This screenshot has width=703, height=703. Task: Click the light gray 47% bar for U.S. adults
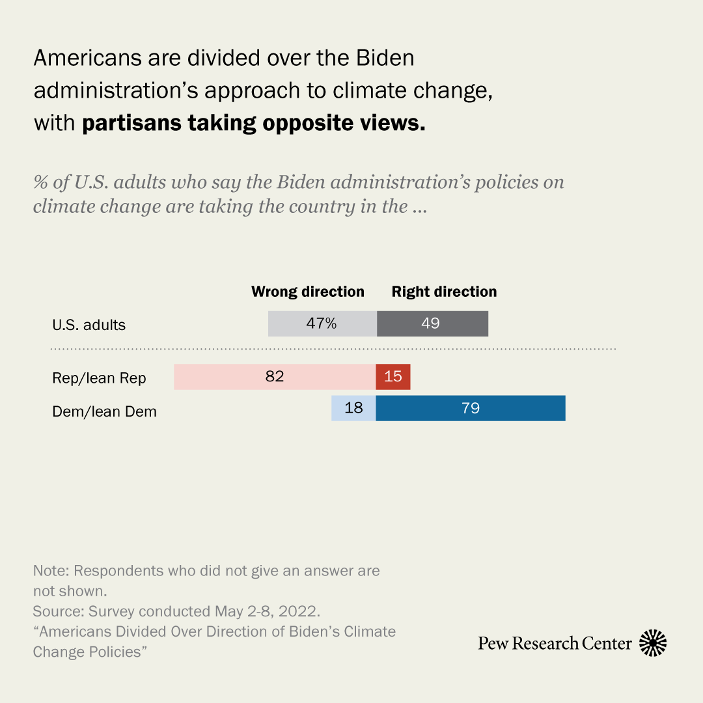click(x=322, y=324)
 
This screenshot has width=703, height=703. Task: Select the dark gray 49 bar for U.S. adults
click(x=432, y=324)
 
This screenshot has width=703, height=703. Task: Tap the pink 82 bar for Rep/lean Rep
click(x=275, y=377)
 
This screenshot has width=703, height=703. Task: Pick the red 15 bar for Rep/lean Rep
click(x=393, y=377)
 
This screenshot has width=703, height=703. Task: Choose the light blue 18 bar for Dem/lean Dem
click(x=353, y=408)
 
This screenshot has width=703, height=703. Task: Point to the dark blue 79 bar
click(x=471, y=408)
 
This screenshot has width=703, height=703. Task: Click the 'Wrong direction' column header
click(x=308, y=292)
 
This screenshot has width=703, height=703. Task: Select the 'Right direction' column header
click(x=444, y=292)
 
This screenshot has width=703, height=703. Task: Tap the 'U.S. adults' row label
click(x=89, y=325)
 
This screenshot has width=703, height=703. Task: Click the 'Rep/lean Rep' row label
click(x=99, y=378)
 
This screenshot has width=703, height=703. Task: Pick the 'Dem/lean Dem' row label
click(x=104, y=411)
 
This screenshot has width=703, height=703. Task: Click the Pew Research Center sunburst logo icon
click(x=653, y=643)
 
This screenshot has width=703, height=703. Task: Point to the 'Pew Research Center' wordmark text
click(x=555, y=644)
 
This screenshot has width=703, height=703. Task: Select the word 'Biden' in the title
click(x=385, y=58)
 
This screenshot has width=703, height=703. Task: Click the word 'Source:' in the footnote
click(x=58, y=612)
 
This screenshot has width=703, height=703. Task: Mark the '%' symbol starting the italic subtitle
click(x=42, y=182)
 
